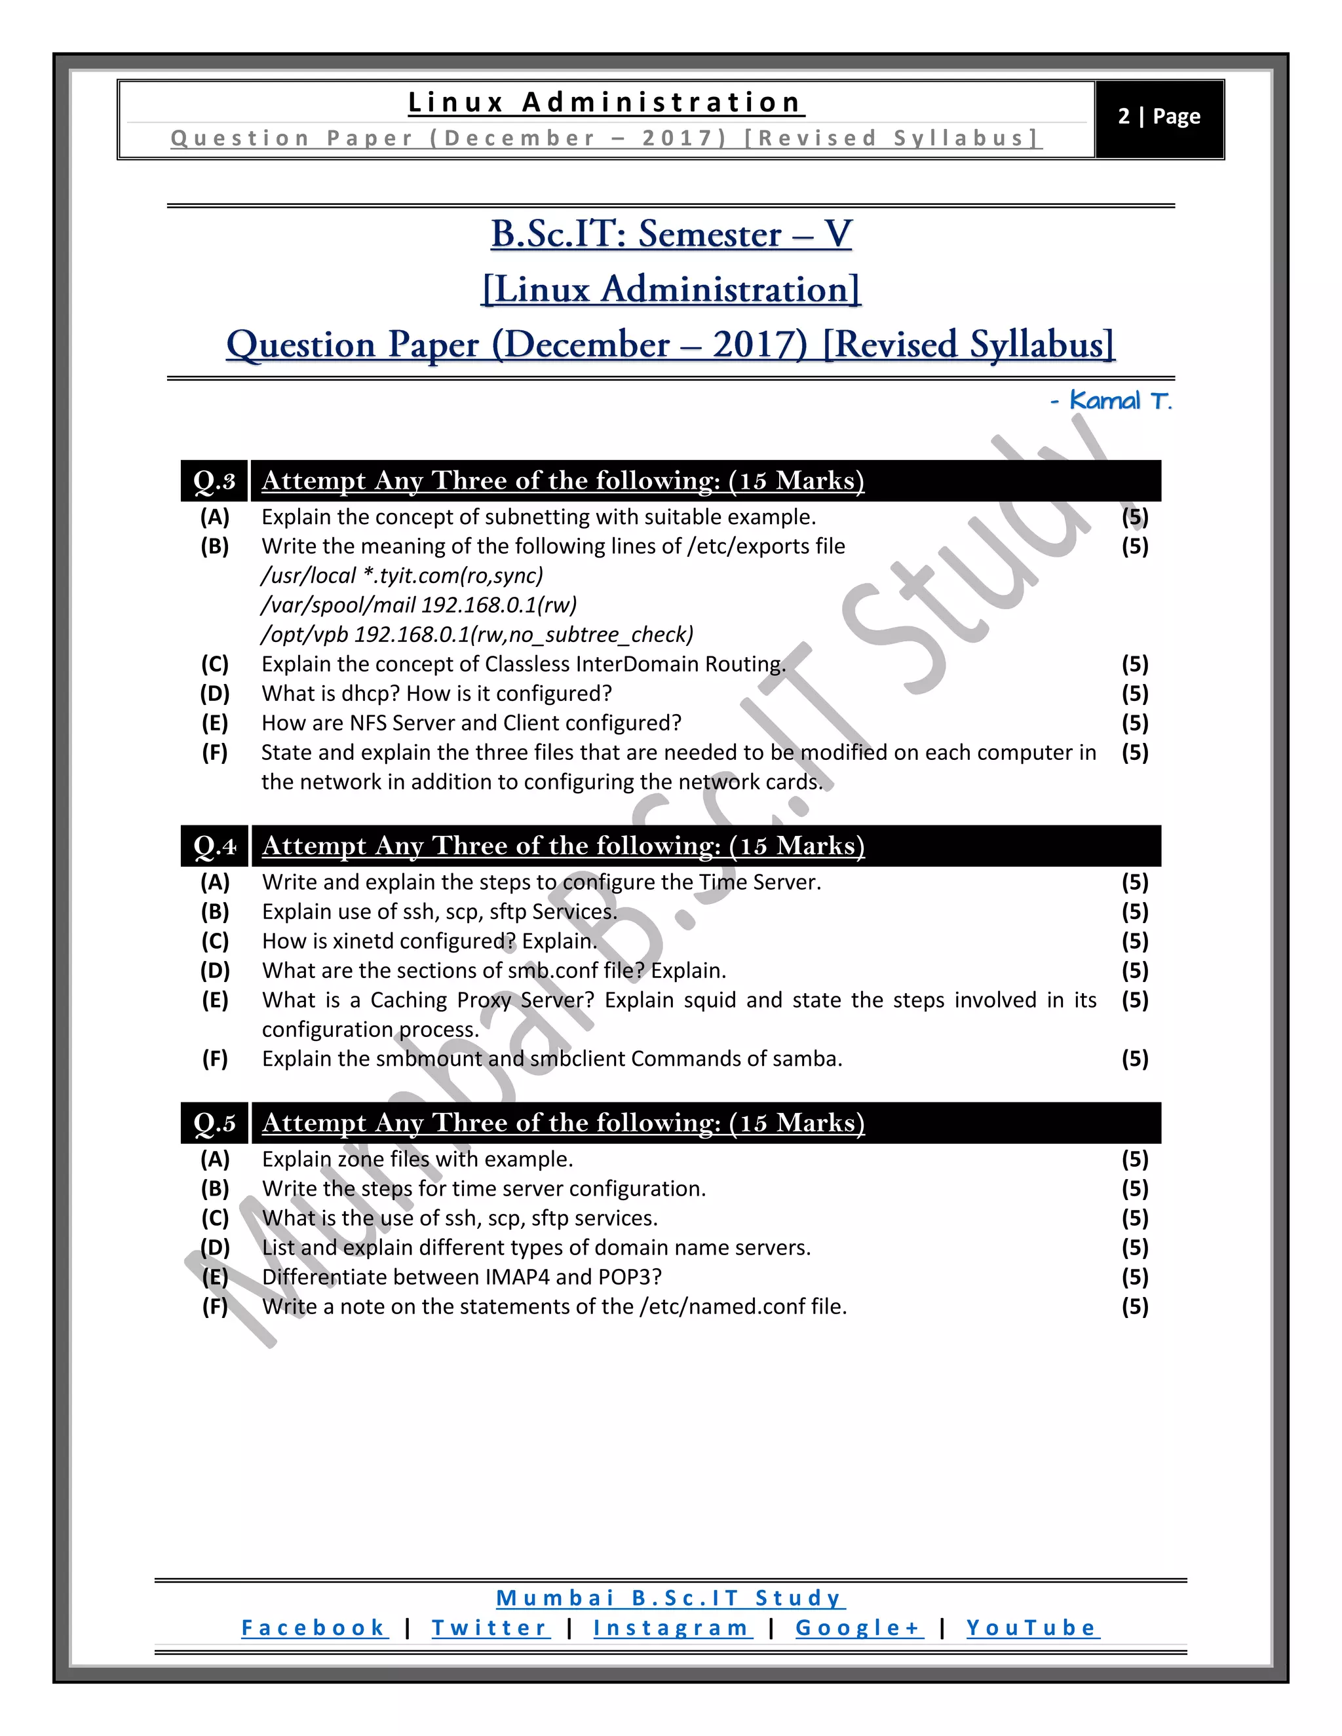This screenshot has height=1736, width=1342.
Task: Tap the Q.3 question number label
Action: (215, 481)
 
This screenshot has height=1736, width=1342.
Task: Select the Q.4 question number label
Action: (215, 846)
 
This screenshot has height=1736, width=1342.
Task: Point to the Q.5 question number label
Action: (215, 1122)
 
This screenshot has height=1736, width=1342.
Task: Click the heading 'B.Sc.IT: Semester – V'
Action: (671, 234)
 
